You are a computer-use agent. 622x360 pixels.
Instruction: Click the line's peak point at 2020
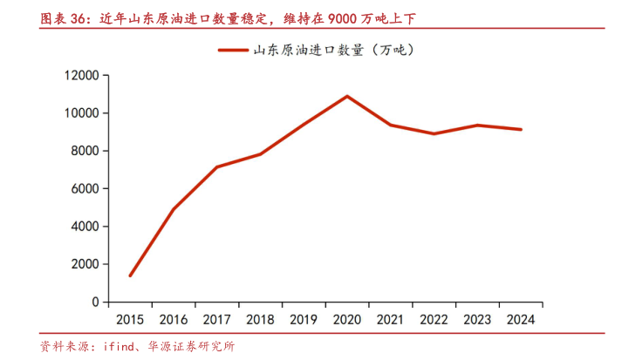coord(347,96)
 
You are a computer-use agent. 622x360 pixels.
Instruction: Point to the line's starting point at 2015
coord(130,275)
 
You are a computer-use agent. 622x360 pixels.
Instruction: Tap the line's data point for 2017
coord(216,167)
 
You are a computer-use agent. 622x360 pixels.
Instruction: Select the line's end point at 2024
coord(521,130)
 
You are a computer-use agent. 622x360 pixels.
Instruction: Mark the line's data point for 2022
coord(434,133)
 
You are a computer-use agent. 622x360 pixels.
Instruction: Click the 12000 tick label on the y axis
coord(80,76)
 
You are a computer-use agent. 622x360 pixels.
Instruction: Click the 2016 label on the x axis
coord(173,319)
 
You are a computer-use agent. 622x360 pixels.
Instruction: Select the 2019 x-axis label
coord(304,319)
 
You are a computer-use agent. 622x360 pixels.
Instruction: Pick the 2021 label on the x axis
coord(390,319)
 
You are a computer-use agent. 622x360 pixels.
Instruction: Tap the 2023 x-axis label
coord(477,319)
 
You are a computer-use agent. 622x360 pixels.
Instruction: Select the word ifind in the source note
coord(113,346)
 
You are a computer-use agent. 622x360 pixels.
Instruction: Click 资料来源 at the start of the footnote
coord(63,346)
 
